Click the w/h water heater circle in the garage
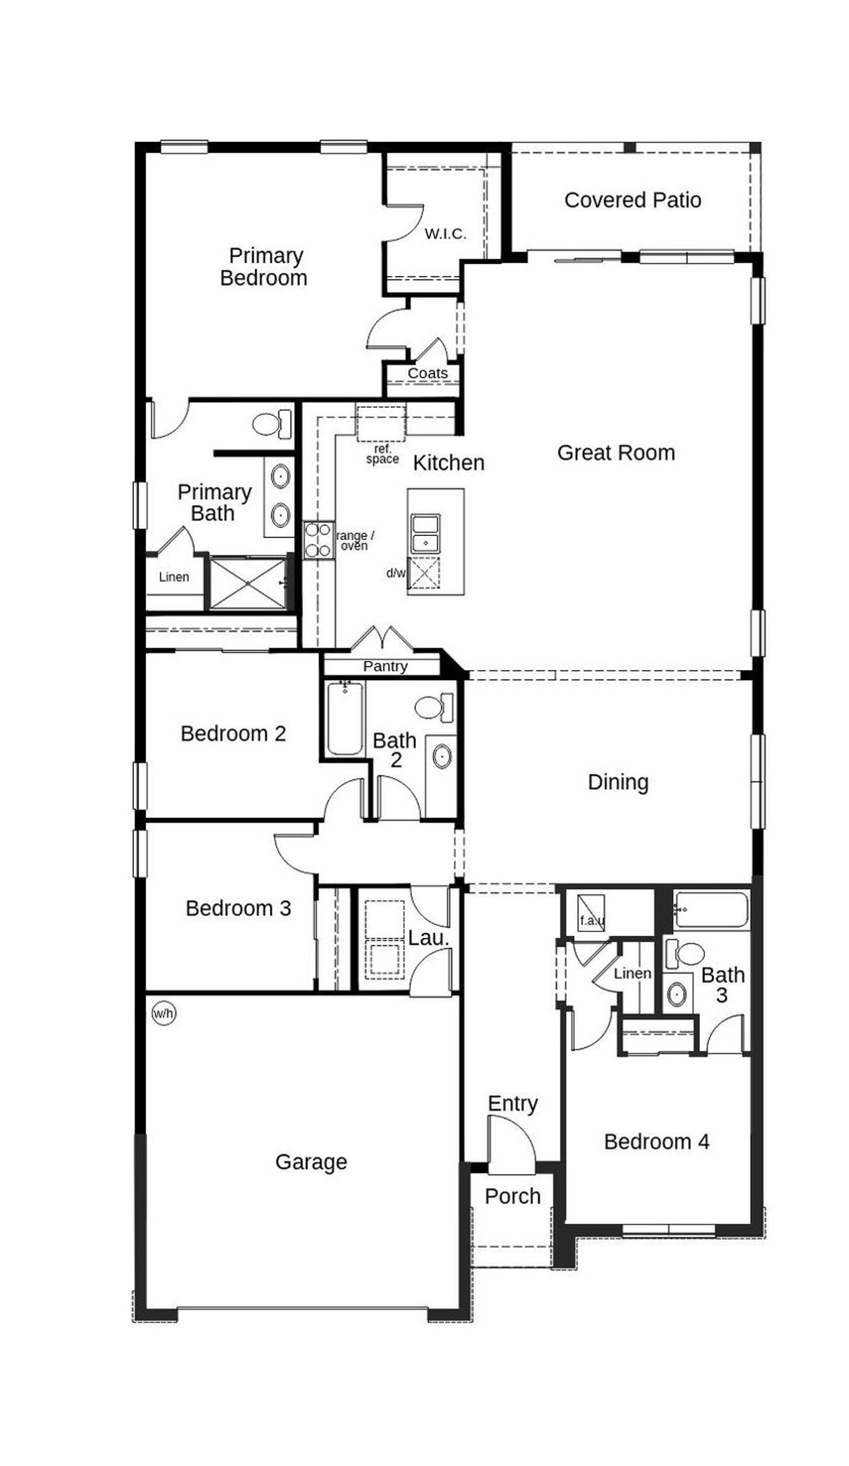pos(164,1013)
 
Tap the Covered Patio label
pos(632,200)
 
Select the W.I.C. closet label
pos(445,233)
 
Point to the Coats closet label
pos(427,373)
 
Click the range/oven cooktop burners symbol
pos(318,540)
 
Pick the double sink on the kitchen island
pos(425,533)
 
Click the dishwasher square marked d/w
pos(423,573)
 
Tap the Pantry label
pos(385,666)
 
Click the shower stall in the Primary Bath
pos(247,583)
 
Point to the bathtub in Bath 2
pos(345,718)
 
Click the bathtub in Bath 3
pos(712,909)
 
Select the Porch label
pos(512,1196)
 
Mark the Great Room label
pos(616,452)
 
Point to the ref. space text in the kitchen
pos(383,454)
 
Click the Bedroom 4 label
pos(657,1141)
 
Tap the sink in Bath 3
pos(677,994)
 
